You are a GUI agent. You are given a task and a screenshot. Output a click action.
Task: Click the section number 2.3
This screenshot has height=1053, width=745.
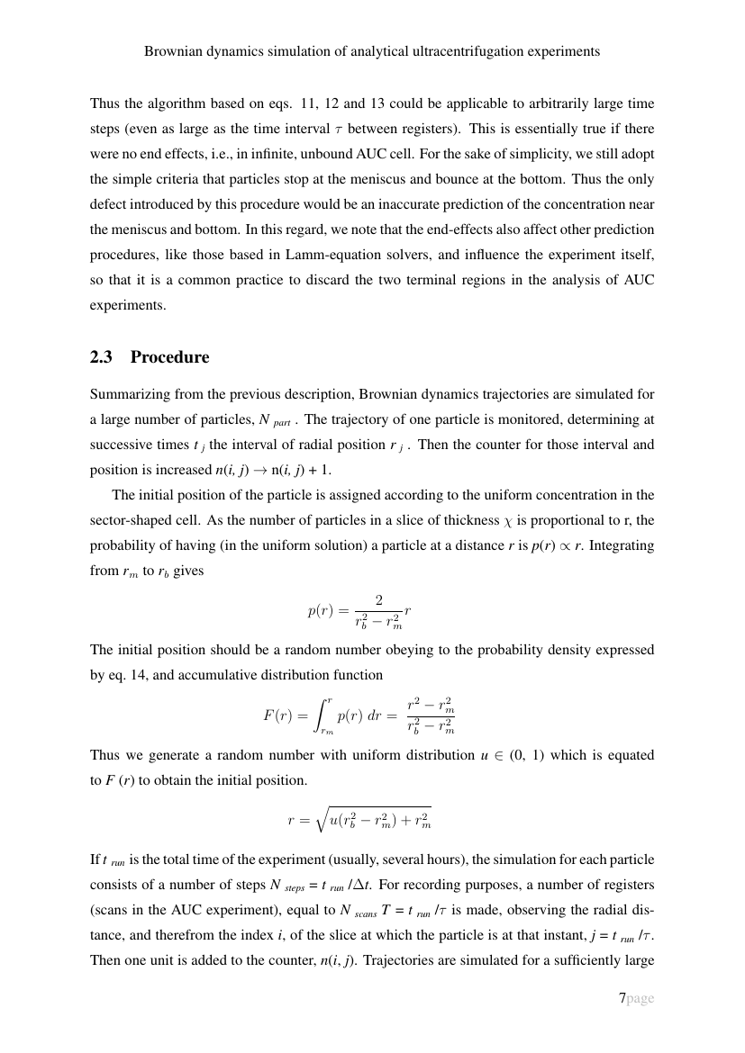coord(103,357)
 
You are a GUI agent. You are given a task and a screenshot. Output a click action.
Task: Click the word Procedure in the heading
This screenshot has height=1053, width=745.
coord(169,357)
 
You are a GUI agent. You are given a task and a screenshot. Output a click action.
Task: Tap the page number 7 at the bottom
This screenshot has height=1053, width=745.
coord(622,998)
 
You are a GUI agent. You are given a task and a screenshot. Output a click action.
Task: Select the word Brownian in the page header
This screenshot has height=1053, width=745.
coord(172,51)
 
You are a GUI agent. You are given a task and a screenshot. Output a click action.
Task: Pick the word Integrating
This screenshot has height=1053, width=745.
coord(621,545)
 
